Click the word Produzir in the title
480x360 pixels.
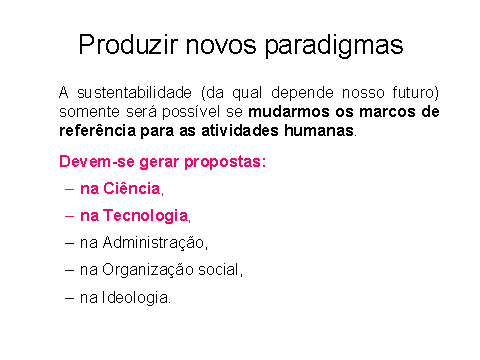pos(128,44)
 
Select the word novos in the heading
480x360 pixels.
pos(221,46)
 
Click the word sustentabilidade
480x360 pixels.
pos(134,92)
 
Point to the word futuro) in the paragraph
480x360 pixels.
pos(415,93)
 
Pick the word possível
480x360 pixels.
pos(191,112)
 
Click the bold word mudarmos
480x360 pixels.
pos(289,112)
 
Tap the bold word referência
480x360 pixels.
pos(97,130)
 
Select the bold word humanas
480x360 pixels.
pos(319,130)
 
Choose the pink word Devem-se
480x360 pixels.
pos(97,162)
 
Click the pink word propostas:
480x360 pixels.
pos(225,162)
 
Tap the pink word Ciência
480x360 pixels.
pos(132,189)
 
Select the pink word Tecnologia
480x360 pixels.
pos(146,216)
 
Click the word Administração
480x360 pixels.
pos(154,243)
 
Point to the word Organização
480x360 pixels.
pos(148,270)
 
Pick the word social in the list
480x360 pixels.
pos(219,270)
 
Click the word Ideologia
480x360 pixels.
pos(135,298)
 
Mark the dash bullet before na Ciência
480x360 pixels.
pos(69,189)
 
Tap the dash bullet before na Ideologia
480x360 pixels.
pos(69,298)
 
